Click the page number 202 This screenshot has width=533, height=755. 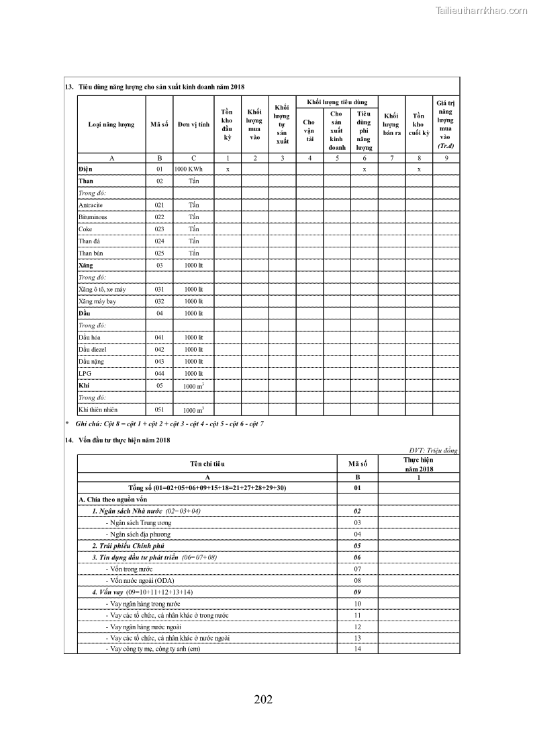click(263, 699)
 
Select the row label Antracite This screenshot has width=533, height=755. click(90, 205)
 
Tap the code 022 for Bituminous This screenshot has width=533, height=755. click(159, 217)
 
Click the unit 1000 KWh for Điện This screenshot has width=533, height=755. click(189, 169)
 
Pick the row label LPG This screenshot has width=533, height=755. click(85, 373)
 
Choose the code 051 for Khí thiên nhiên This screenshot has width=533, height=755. click(159, 409)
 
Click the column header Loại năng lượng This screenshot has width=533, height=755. click(111, 124)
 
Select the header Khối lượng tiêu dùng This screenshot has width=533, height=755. click(337, 102)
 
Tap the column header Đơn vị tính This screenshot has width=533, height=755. click(193, 124)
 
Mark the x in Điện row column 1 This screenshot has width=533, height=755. click(228, 169)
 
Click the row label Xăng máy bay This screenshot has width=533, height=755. click(97, 301)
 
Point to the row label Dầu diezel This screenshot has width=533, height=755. click(93, 350)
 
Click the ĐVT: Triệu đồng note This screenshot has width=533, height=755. click(433, 450)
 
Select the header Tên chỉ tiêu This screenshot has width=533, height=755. click(207, 464)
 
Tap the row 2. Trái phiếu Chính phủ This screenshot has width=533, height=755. click(128, 546)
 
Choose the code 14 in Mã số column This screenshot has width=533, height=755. click(358, 649)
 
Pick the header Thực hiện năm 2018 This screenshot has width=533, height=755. click(418, 464)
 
